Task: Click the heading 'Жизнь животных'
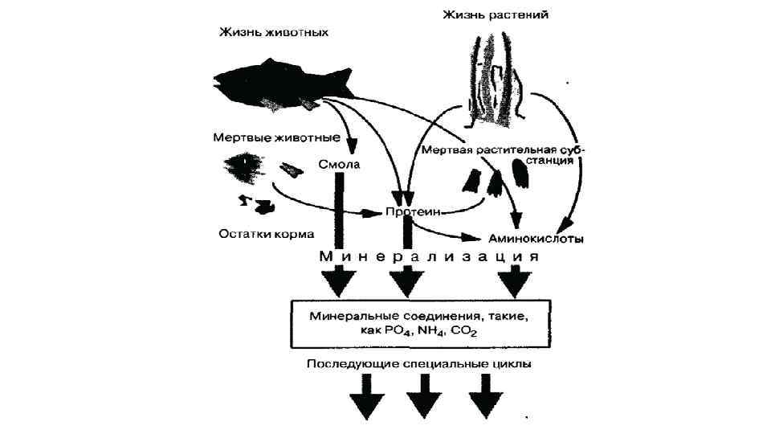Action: click(x=274, y=33)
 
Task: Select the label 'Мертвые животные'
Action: click(x=266, y=137)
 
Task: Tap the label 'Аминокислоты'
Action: click(x=535, y=239)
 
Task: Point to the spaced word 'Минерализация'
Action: click(x=426, y=257)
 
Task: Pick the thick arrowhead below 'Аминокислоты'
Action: click(x=514, y=282)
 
